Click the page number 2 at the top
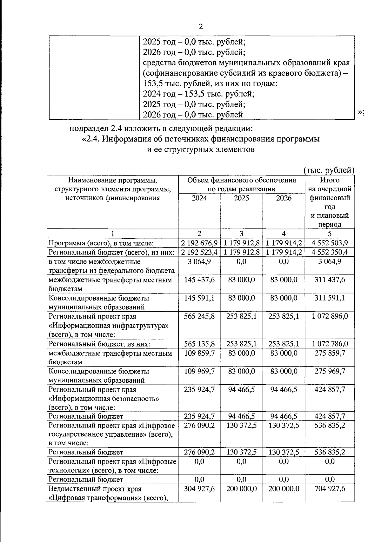point(200,27)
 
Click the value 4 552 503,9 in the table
point(329,243)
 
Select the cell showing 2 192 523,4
point(199,252)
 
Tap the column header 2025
point(241,198)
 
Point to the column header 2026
point(284,198)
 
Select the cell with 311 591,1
point(329,298)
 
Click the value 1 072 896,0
point(329,316)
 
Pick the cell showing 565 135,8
point(199,344)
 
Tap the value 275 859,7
point(329,353)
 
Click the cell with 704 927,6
point(329,489)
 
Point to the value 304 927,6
point(199,489)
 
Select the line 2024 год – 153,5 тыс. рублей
point(198,94)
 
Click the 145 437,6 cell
point(199,280)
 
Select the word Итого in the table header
point(329,180)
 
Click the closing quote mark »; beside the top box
point(361,112)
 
